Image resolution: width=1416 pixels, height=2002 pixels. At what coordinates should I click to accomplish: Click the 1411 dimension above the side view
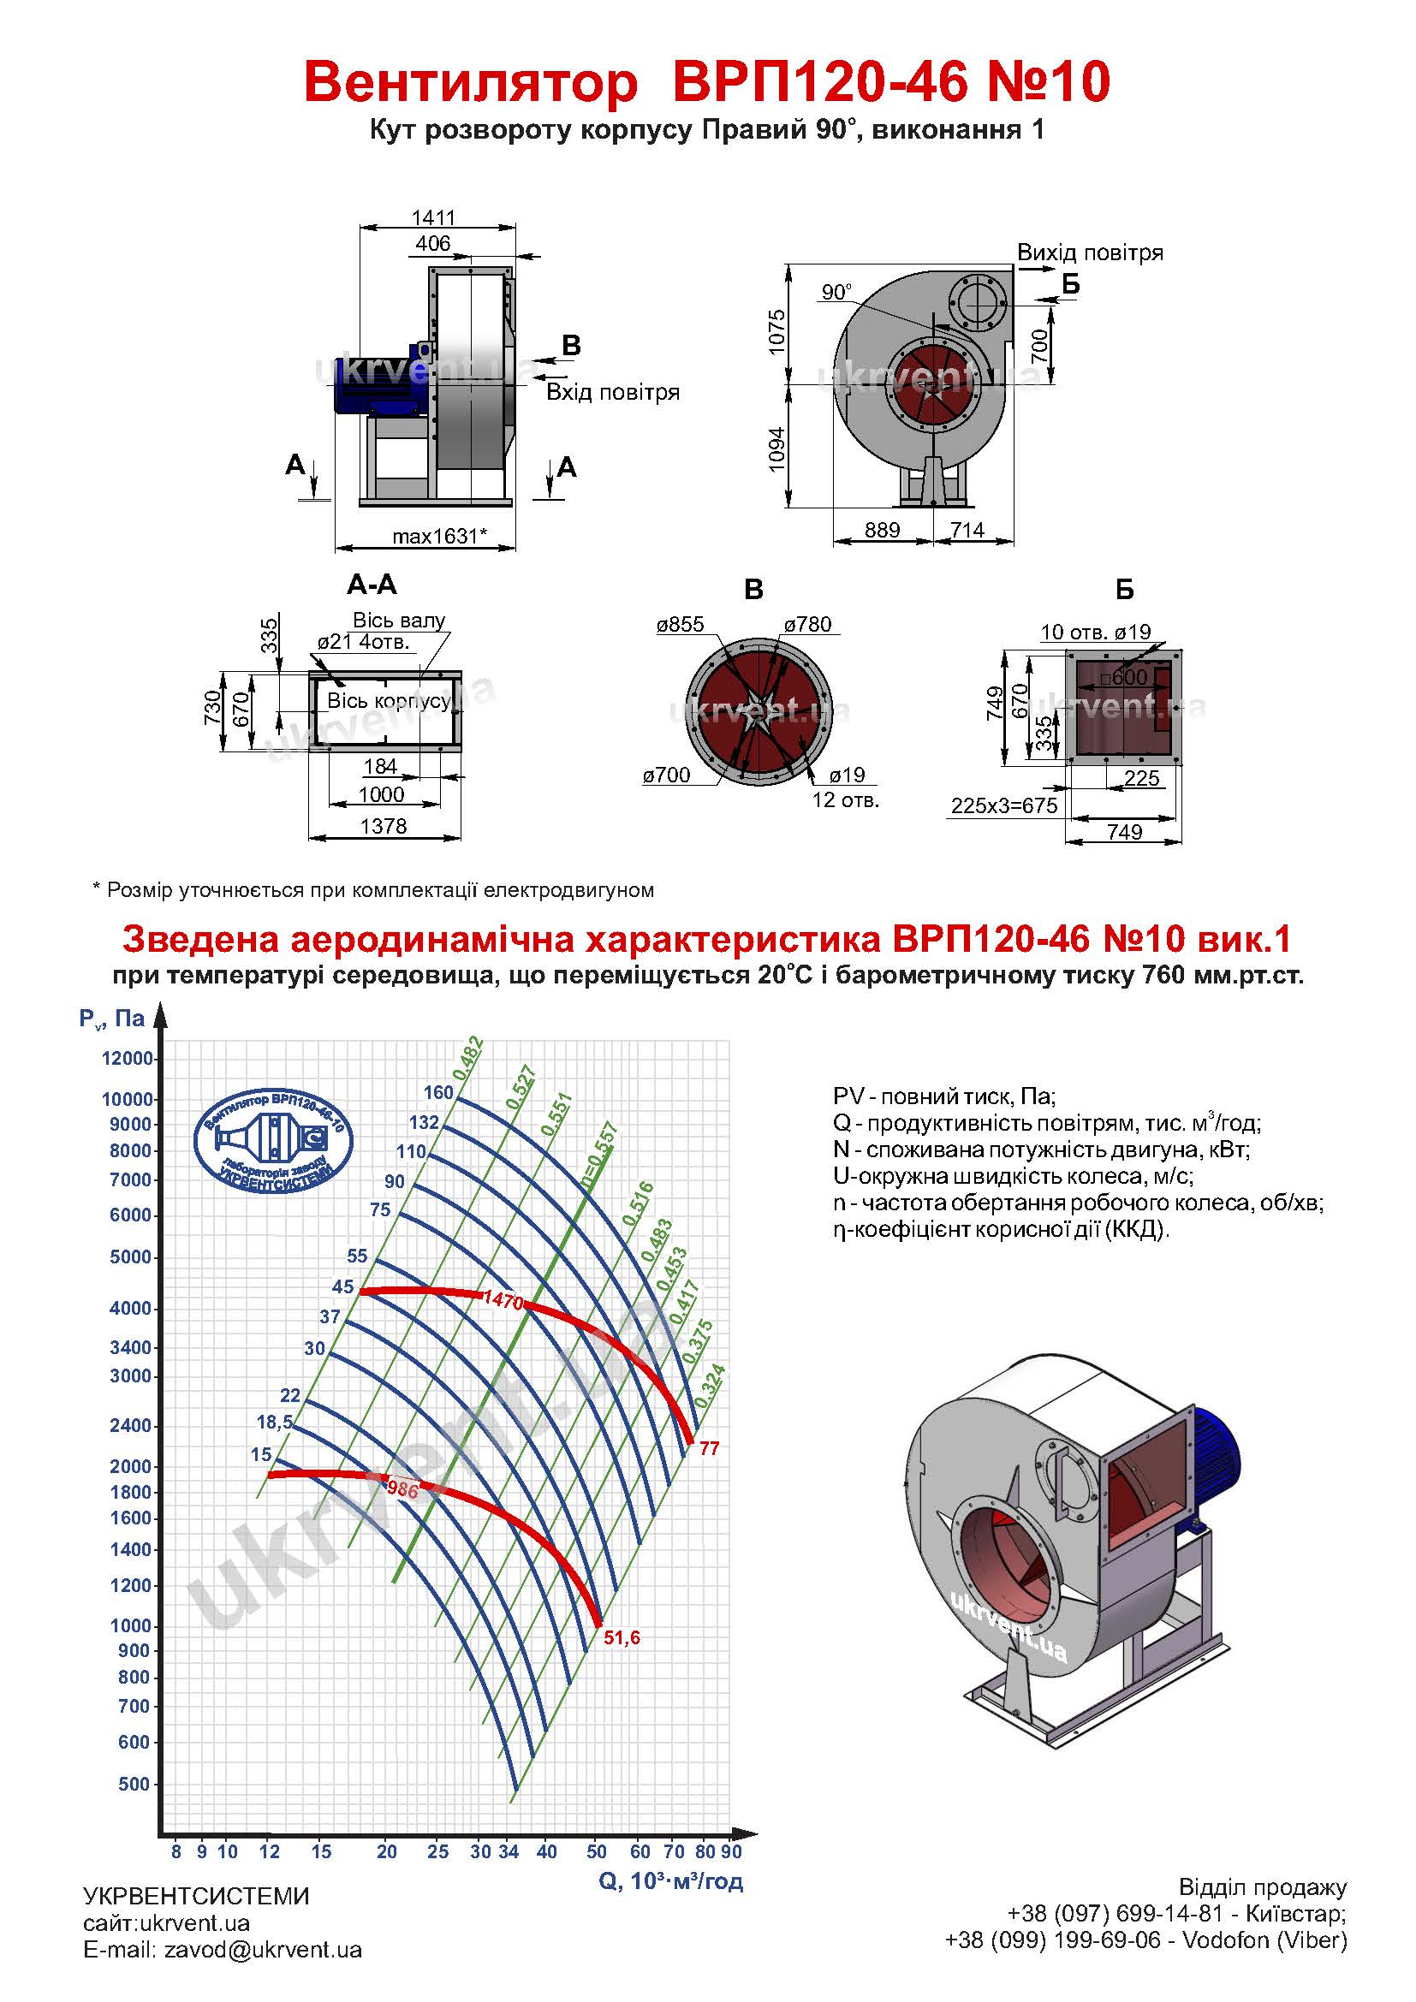(x=433, y=217)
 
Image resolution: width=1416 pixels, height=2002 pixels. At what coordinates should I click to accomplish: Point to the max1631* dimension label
(x=439, y=537)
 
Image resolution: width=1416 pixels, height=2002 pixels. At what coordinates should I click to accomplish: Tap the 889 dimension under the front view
(x=883, y=530)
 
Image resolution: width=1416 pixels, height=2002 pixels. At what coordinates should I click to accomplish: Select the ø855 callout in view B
(x=680, y=624)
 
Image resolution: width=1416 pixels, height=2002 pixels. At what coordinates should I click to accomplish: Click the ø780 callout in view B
(x=807, y=624)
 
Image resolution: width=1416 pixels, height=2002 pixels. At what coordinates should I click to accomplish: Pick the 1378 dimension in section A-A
(x=384, y=826)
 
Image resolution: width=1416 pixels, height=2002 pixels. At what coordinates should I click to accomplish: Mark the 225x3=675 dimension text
(x=1003, y=805)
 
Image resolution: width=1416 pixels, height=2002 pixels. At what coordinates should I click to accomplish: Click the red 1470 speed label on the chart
(x=503, y=1301)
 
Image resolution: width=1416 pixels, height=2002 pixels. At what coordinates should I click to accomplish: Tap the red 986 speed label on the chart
(x=403, y=1490)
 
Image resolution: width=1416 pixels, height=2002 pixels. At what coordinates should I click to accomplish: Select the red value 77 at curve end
(x=710, y=1448)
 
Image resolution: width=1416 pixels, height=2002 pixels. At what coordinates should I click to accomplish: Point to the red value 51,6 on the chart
(x=622, y=1637)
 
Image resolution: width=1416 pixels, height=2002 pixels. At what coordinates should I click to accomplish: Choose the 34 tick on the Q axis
(x=509, y=1851)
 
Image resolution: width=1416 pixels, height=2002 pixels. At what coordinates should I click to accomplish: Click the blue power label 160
(x=438, y=1092)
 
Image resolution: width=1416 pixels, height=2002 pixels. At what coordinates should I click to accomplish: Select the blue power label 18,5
(x=275, y=1423)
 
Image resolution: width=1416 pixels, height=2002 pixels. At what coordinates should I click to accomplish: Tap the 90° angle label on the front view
(x=836, y=292)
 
